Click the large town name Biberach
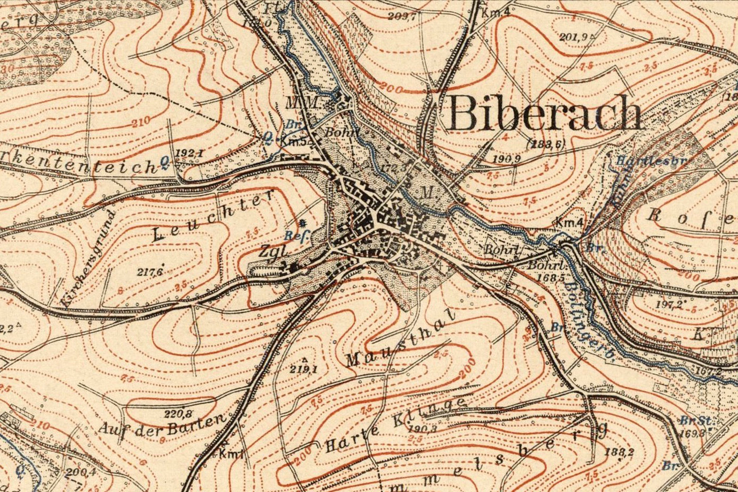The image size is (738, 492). tap(545, 113)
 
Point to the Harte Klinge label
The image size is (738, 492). tap(394, 425)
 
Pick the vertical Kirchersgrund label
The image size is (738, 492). tap(88, 259)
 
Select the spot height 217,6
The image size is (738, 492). tap(150, 271)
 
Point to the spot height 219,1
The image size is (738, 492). tap(305, 369)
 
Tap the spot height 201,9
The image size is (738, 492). tap(573, 37)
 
